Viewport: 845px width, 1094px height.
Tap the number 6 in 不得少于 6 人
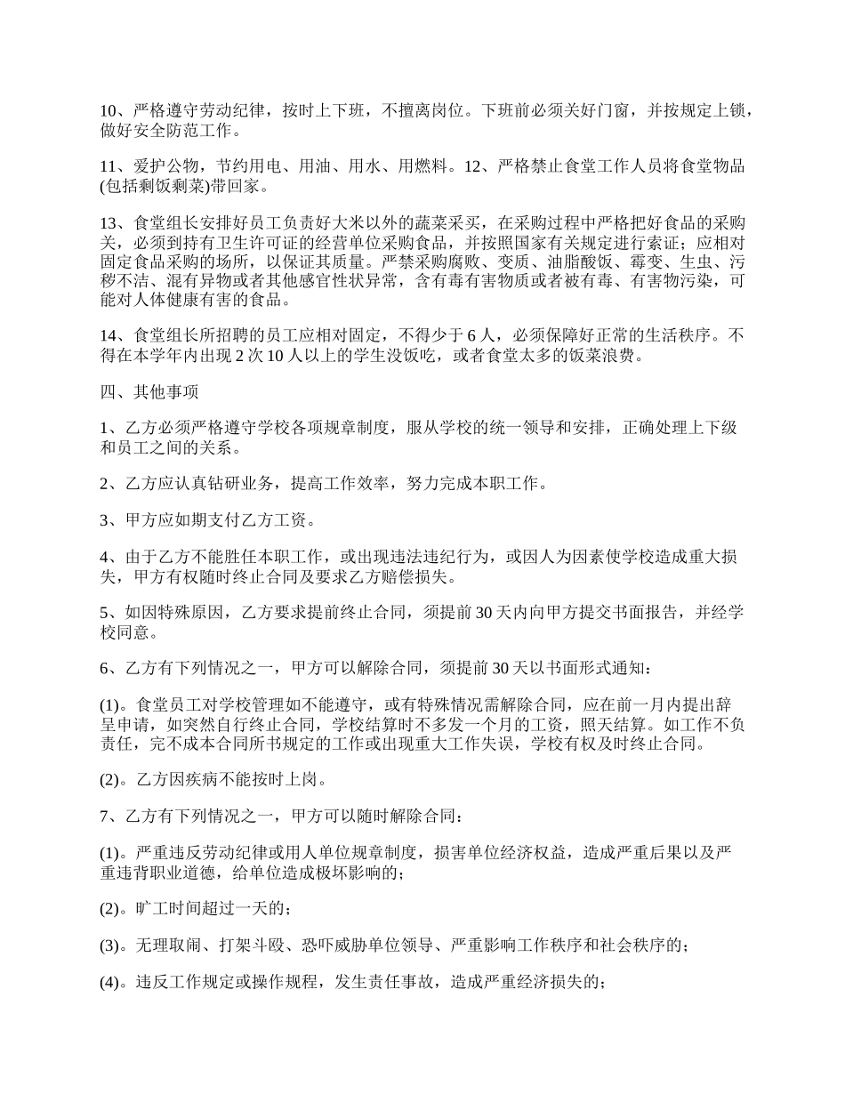point(471,336)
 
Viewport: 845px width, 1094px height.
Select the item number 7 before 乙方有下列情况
point(103,816)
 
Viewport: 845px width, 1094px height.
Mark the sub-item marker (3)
point(112,945)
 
